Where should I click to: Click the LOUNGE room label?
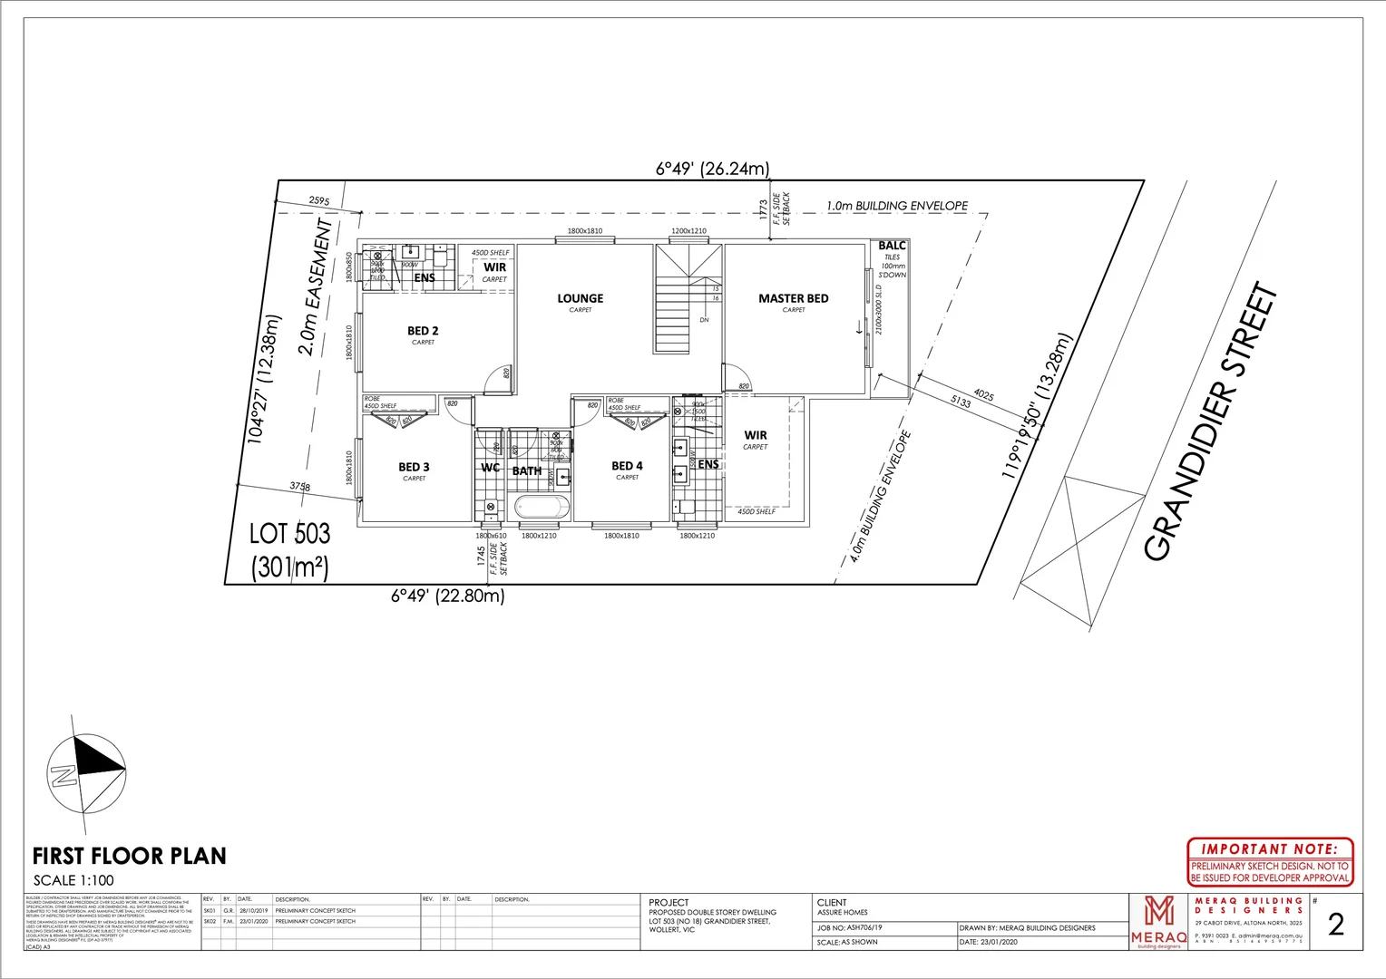pyautogui.click(x=580, y=298)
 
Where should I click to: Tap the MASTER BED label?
pyautogui.click(x=793, y=298)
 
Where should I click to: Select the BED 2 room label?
pyautogui.click(x=423, y=331)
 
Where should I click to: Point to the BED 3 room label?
pyautogui.click(x=414, y=467)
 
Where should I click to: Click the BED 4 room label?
pyautogui.click(x=627, y=466)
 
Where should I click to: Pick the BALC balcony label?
pyautogui.click(x=892, y=246)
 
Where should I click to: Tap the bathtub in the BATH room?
pyautogui.click(x=542, y=507)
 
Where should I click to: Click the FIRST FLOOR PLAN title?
pyautogui.click(x=129, y=856)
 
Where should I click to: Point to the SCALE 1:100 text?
pyautogui.click(x=73, y=880)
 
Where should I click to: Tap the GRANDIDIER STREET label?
pyautogui.click(x=1210, y=422)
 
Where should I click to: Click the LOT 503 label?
pyautogui.click(x=289, y=534)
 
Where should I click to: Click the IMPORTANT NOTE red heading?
pyautogui.click(x=1269, y=849)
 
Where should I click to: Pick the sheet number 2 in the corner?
pyautogui.click(x=1335, y=924)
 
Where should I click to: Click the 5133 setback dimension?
pyautogui.click(x=961, y=401)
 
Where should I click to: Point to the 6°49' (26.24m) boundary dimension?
pyautogui.click(x=712, y=169)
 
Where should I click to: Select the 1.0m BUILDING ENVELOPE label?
pyautogui.click(x=896, y=206)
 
